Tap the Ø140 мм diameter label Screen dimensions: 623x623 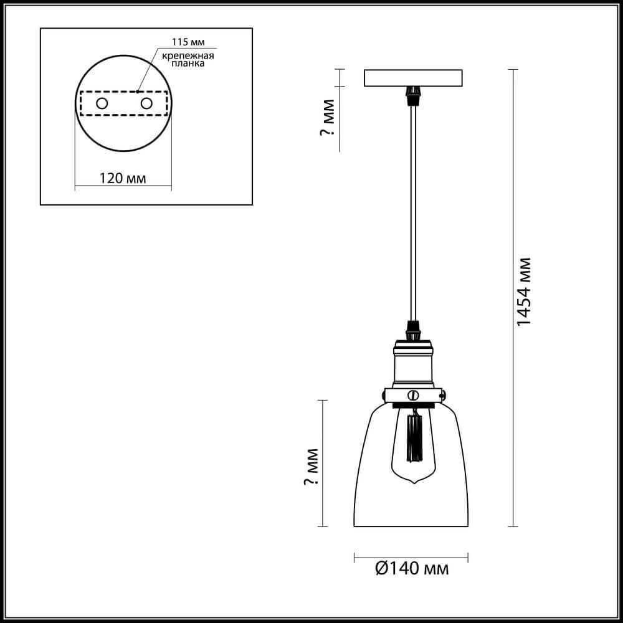pyautogui.click(x=412, y=568)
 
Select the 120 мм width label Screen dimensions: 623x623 pyautogui.click(x=123, y=178)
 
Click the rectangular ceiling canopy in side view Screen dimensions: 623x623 pyautogui.click(x=412, y=77)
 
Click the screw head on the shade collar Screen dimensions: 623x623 pyautogui.click(x=412, y=395)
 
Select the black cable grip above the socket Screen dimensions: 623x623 pyautogui.click(x=412, y=326)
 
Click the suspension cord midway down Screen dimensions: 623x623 pyautogui.click(x=412, y=212)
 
